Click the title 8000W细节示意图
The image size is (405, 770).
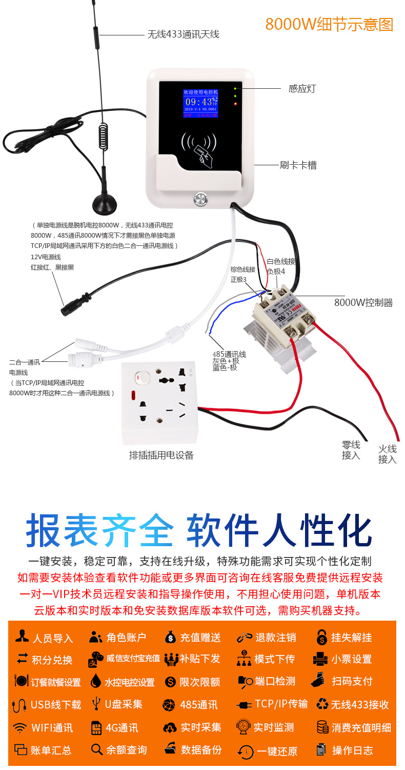tap(329, 24)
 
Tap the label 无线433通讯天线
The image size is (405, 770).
tap(183, 34)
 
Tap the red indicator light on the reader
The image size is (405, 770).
tap(235, 104)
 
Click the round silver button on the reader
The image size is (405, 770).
tap(200, 199)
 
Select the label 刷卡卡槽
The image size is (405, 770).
tap(298, 165)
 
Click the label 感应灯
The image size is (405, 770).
tap(302, 88)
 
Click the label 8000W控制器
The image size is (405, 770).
tap(363, 302)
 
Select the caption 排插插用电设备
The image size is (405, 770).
tap(161, 455)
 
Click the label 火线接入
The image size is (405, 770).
tap(388, 454)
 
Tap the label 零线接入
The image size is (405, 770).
tap(351, 450)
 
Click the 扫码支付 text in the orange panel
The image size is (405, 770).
tap(352, 681)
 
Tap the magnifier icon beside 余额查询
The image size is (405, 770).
tap(96, 750)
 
